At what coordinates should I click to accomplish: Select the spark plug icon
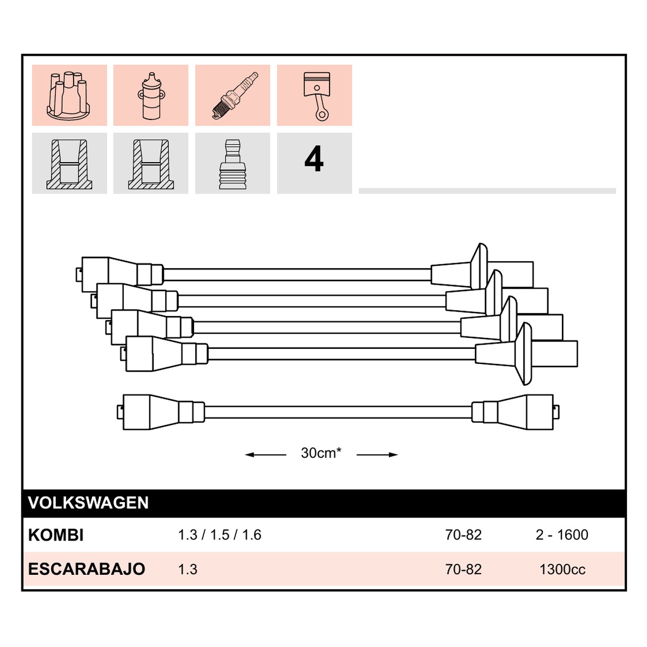point(235,95)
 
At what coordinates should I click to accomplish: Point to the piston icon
point(317,97)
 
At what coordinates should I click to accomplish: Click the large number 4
point(314,159)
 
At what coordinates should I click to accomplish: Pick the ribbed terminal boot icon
point(232,164)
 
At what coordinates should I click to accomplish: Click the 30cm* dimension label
point(321,453)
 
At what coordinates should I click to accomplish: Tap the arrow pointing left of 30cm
point(265,455)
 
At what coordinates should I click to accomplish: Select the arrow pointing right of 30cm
point(377,455)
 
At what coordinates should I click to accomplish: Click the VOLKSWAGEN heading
point(88,503)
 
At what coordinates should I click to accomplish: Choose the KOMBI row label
point(56,535)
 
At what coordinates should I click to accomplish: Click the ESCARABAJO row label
point(87,569)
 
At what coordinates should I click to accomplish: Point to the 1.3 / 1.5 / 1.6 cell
point(219,535)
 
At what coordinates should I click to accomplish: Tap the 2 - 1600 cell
point(562,535)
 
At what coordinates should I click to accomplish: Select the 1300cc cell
point(562,569)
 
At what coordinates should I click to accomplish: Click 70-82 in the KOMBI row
point(463,535)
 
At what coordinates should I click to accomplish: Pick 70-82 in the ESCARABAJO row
point(463,569)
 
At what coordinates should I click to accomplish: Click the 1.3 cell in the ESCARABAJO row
point(188,569)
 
